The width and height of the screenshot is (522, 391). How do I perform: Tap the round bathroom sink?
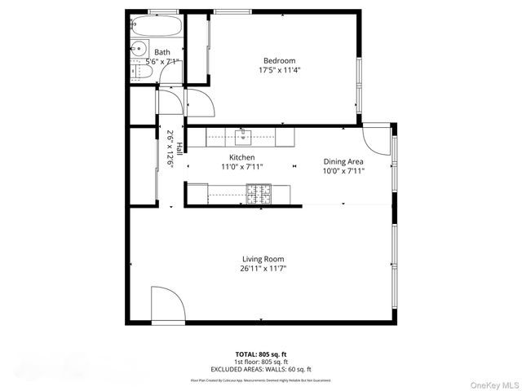point(138,48)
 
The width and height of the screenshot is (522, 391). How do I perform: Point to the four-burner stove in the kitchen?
point(259,194)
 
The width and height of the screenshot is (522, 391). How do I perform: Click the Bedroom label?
point(279,60)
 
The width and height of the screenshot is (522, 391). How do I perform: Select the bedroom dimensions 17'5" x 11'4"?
point(279,70)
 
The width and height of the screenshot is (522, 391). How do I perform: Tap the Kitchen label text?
point(241,157)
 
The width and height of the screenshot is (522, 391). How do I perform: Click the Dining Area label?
point(343,161)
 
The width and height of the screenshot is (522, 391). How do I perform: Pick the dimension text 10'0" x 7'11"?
point(343,171)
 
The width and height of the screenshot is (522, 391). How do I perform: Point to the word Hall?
point(179,143)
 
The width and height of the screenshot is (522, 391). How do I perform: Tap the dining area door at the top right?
point(377,140)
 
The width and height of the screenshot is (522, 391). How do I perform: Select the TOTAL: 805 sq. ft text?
point(262,354)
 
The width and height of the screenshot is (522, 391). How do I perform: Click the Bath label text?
point(162,52)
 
